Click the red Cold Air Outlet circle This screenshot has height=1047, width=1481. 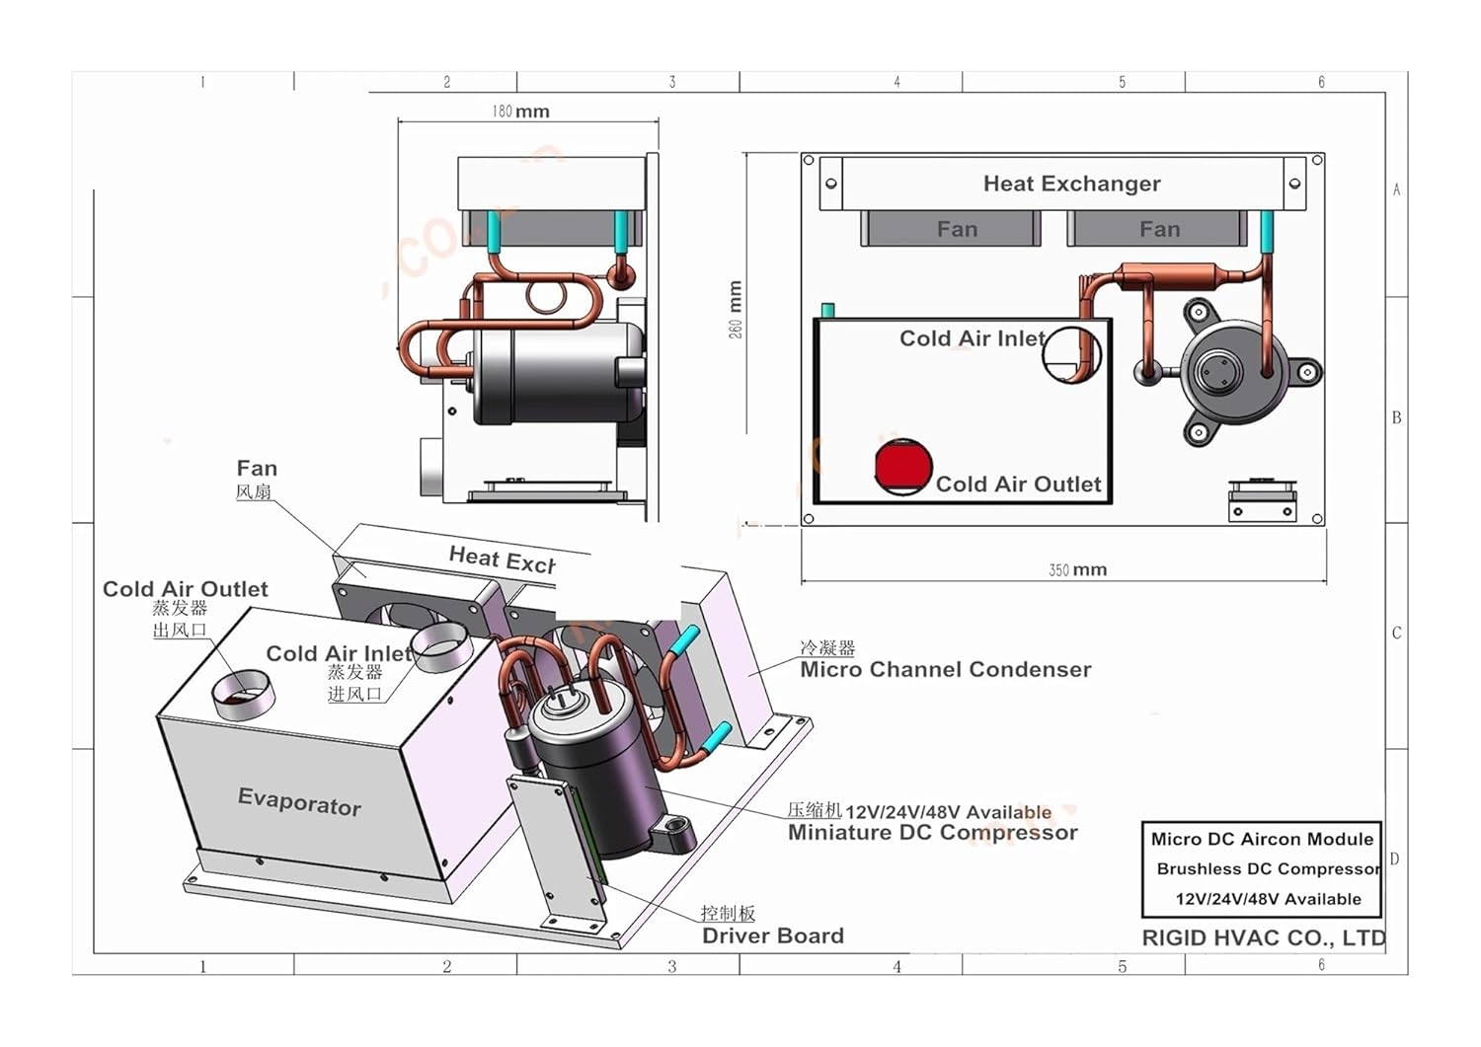(902, 467)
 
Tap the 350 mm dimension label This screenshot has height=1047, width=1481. (1077, 570)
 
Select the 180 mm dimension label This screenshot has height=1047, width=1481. (520, 112)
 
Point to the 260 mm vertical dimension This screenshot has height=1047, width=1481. (736, 310)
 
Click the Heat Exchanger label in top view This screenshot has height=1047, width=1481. (1071, 184)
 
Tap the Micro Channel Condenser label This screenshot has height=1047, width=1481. (945, 670)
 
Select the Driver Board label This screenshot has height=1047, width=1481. (772, 935)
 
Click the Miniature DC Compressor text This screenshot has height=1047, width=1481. (932, 833)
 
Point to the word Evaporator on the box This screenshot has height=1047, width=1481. (299, 802)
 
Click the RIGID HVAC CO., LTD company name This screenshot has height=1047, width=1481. (1263, 938)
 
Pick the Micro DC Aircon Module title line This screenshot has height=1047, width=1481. (1262, 839)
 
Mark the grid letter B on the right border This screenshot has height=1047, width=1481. (1396, 417)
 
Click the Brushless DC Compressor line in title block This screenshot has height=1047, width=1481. (1268, 869)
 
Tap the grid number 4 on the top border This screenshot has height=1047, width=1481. (896, 82)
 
